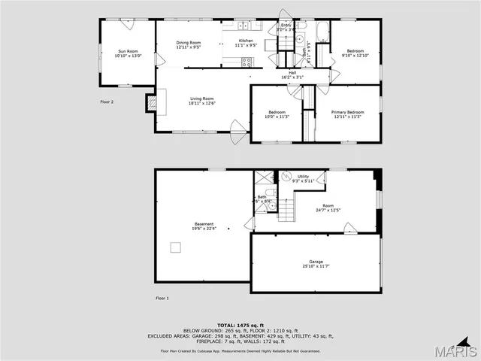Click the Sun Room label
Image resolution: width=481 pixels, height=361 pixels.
coord(128,53)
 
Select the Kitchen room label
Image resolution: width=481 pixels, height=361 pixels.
coord(246,43)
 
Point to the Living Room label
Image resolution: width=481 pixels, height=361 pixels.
coord(201,101)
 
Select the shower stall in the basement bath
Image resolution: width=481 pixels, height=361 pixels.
coord(264,178)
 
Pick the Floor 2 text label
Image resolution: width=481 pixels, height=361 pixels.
coord(107,102)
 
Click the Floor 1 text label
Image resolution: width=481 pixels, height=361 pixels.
coord(162,299)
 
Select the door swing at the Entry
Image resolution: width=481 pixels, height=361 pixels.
coord(285,17)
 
